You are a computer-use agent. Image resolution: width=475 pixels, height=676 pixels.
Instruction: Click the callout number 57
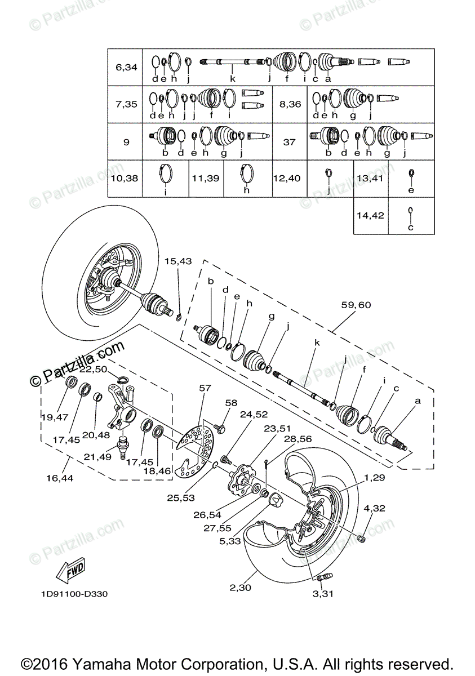tap(205, 388)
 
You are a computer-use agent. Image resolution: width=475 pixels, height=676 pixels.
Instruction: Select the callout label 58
tap(232, 403)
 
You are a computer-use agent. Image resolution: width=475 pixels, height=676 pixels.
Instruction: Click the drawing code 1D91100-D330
tap(74, 594)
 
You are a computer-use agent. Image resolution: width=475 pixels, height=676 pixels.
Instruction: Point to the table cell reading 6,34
tap(127, 68)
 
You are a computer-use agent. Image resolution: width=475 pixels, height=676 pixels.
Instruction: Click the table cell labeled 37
tap(289, 142)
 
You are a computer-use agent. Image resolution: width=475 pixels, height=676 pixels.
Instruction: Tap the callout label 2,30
tap(241, 588)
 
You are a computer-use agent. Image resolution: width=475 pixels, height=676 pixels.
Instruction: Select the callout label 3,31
tap(322, 594)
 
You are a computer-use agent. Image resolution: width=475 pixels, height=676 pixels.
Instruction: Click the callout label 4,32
tap(374, 509)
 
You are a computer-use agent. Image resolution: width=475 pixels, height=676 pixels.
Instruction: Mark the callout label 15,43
tap(178, 261)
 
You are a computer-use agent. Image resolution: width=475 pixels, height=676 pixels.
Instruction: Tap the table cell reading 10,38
tap(127, 178)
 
